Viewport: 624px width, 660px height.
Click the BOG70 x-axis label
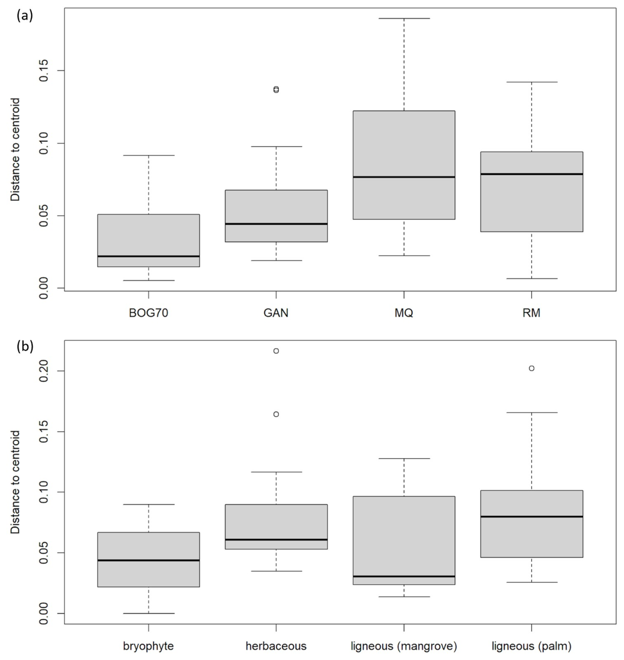click(x=148, y=313)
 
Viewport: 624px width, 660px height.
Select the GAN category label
click(x=276, y=313)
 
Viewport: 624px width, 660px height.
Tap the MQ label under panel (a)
click(x=404, y=313)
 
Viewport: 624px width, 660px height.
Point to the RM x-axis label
click(x=532, y=313)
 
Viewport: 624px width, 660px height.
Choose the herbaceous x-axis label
click(x=276, y=646)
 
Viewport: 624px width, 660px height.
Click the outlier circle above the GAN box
click(x=276, y=89)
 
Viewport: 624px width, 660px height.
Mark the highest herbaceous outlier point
click(x=276, y=351)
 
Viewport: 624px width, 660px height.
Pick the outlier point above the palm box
click(x=532, y=368)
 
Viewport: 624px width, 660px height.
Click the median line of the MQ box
click(x=404, y=177)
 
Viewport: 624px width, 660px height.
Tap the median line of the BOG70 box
click(x=148, y=256)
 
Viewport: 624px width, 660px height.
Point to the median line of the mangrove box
click(x=404, y=576)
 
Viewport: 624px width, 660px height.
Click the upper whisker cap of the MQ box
click(x=404, y=18)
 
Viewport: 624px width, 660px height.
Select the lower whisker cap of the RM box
click(x=532, y=278)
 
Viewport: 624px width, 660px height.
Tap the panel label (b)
click(x=25, y=346)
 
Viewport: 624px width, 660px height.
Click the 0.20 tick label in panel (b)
click(x=44, y=371)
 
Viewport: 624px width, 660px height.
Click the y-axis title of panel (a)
click(x=15, y=150)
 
